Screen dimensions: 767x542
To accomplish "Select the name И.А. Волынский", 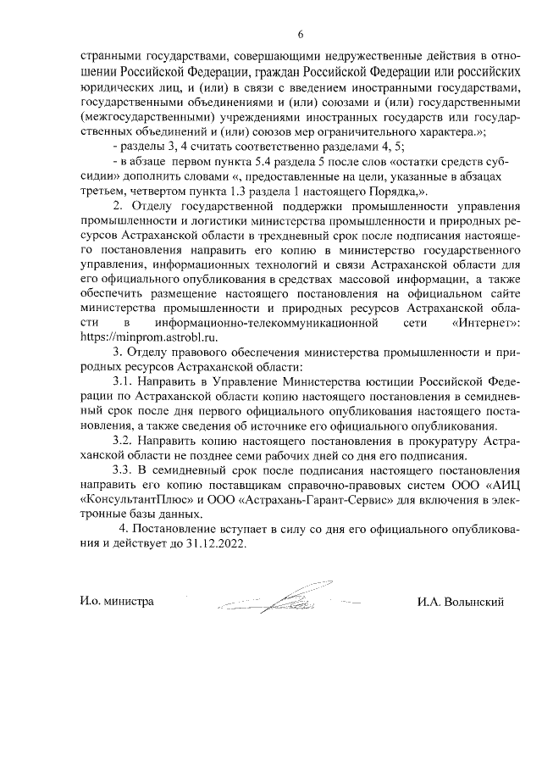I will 461,603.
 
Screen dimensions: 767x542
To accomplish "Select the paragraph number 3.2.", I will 125,442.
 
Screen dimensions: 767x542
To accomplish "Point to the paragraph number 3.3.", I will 125,470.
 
